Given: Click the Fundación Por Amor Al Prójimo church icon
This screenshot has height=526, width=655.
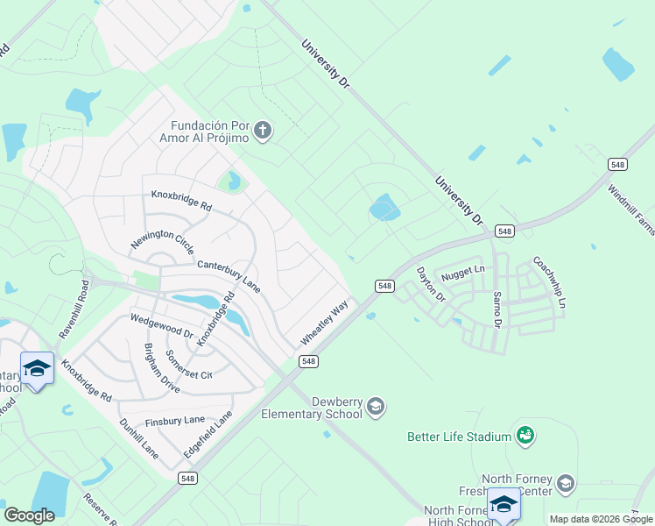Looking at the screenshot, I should click(x=263, y=131).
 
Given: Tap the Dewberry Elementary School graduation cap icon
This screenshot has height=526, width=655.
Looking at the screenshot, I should click(x=375, y=406).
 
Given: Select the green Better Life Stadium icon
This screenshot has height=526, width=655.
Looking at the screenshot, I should click(x=525, y=435).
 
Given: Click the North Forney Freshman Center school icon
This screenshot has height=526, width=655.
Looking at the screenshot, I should click(x=566, y=483).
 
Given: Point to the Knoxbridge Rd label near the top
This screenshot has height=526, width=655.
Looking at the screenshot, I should click(x=181, y=201).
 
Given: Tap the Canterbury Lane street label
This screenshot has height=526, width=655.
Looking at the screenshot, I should click(x=229, y=275).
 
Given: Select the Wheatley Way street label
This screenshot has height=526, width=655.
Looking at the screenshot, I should click(x=325, y=323).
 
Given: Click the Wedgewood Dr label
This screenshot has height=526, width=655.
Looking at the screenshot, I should click(x=161, y=327).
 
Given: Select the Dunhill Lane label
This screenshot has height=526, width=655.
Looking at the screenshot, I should click(x=138, y=438).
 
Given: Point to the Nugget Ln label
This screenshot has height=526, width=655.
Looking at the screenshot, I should click(x=462, y=273).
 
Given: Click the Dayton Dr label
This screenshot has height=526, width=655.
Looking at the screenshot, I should click(x=431, y=285).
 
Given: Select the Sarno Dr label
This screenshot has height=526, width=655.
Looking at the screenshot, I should click(x=497, y=309).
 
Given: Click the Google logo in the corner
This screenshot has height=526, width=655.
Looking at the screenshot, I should click(x=29, y=515).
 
